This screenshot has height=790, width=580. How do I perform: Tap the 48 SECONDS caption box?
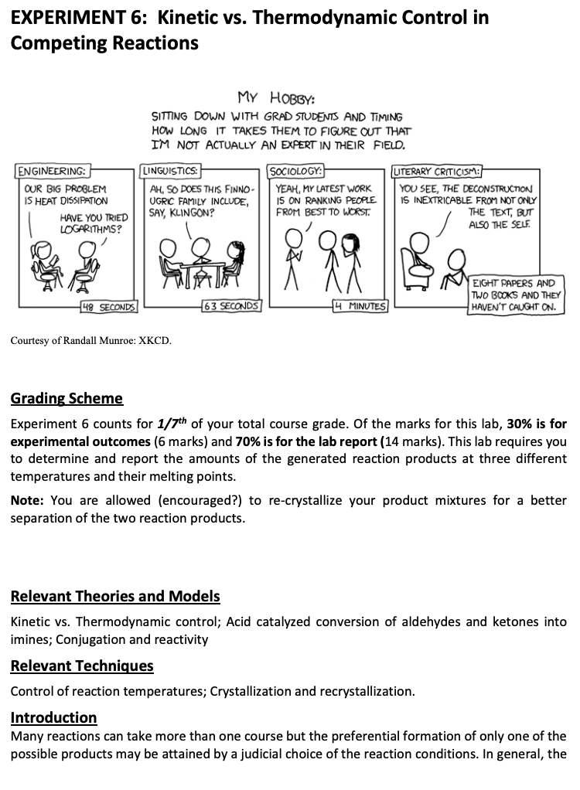(109, 307)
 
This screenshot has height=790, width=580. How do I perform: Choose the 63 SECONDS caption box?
(230, 307)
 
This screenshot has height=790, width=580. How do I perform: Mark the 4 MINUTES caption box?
(358, 307)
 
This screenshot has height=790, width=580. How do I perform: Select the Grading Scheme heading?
(67, 399)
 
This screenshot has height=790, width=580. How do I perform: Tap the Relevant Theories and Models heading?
(115, 596)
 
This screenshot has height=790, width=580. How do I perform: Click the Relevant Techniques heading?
(82, 666)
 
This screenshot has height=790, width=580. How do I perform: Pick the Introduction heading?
(53, 717)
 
